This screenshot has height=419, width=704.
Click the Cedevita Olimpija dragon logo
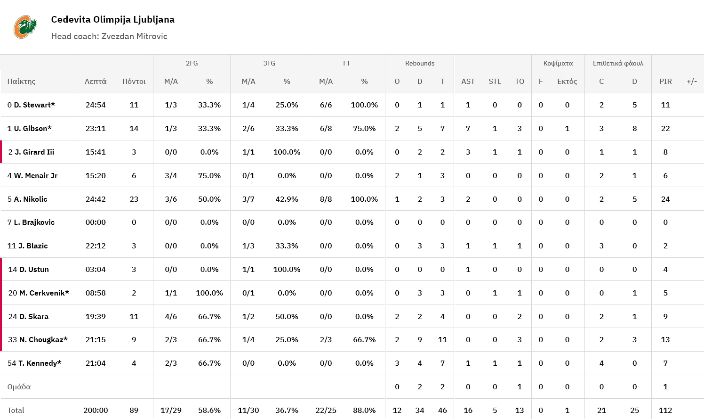point(25,27)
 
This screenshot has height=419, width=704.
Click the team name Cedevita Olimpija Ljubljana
point(112,19)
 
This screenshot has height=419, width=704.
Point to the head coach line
point(109,36)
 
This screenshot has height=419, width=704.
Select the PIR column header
point(665,82)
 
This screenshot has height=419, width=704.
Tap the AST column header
point(468,82)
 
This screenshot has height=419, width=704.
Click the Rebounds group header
point(419,63)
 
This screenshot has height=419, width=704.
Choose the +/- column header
point(691,82)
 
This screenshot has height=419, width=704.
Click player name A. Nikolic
point(31,199)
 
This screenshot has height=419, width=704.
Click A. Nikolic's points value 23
point(134,199)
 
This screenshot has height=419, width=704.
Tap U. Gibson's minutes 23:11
point(96,128)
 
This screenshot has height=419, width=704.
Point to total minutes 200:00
point(96,410)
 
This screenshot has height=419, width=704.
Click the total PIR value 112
point(665,410)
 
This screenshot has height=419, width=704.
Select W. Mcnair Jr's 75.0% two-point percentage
point(209,175)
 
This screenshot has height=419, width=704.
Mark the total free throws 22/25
point(326,410)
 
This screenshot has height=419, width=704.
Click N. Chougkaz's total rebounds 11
point(442,340)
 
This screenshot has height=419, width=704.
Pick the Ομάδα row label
point(19,387)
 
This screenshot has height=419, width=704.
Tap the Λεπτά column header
point(96,82)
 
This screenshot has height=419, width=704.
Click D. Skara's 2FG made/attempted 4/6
point(171,316)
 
